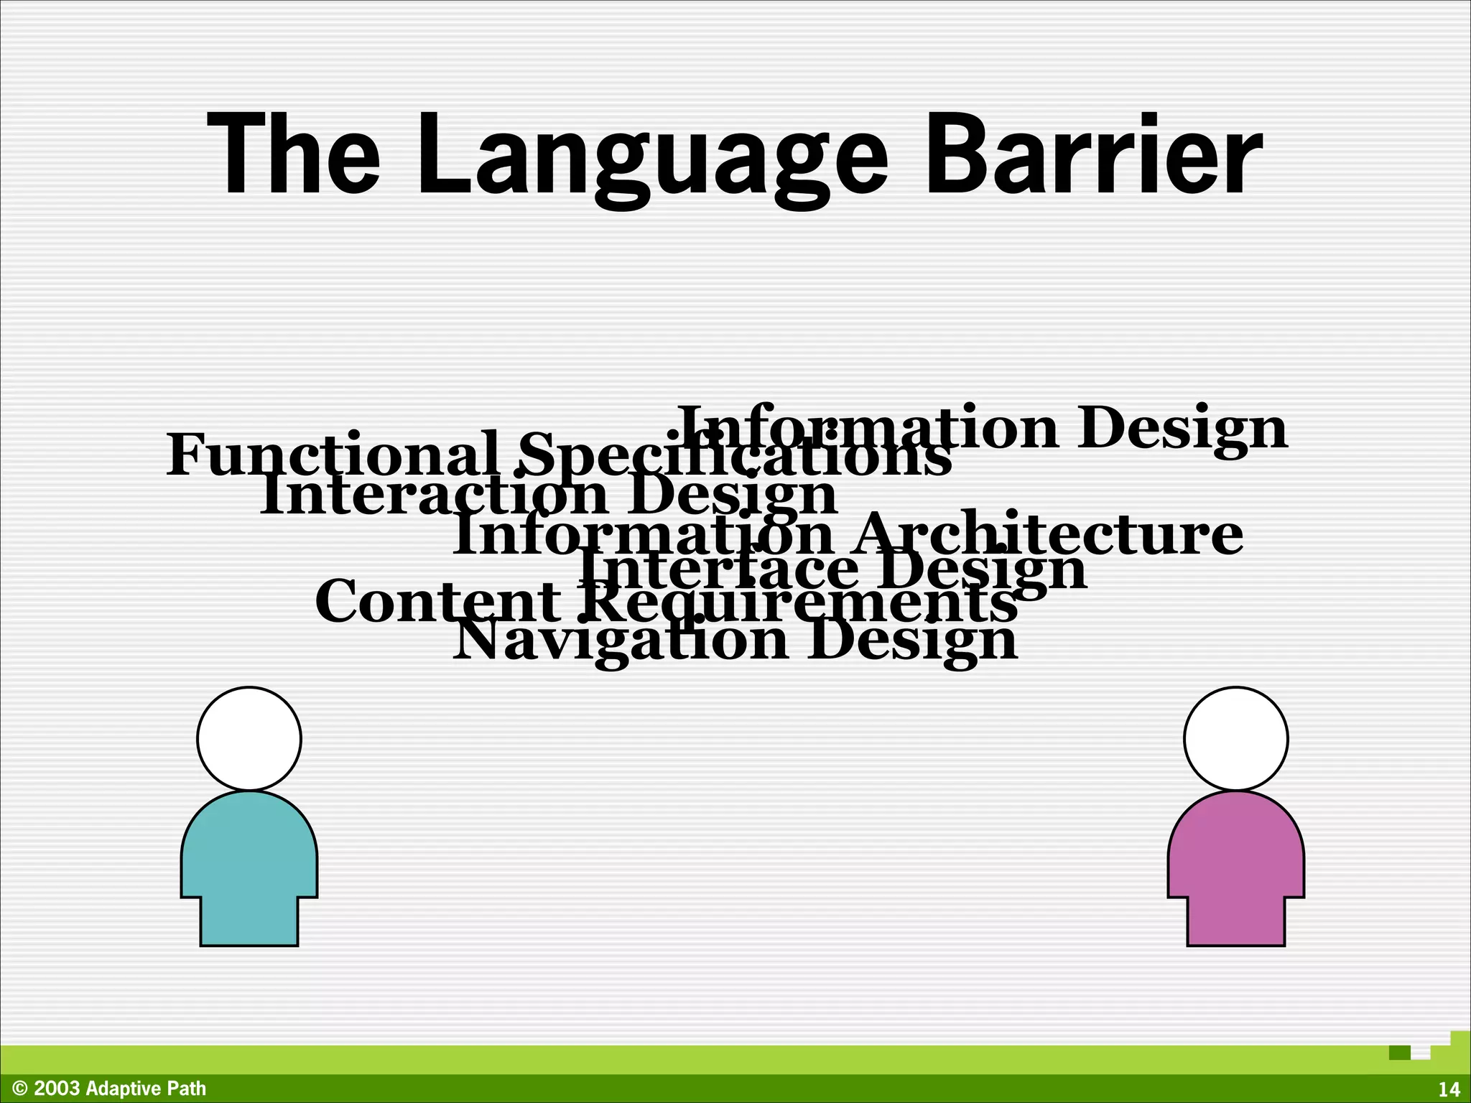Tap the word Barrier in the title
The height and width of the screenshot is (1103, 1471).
click(1093, 154)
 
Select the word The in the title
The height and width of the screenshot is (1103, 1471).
click(293, 154)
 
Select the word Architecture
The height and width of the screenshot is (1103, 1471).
click(1048, 535)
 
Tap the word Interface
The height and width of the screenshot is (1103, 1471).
click(718, 569)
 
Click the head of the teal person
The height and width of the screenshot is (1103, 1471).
click(249, 739)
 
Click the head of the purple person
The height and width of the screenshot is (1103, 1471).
click(1235, 739)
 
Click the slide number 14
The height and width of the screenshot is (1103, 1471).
click(1449, 1089)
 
